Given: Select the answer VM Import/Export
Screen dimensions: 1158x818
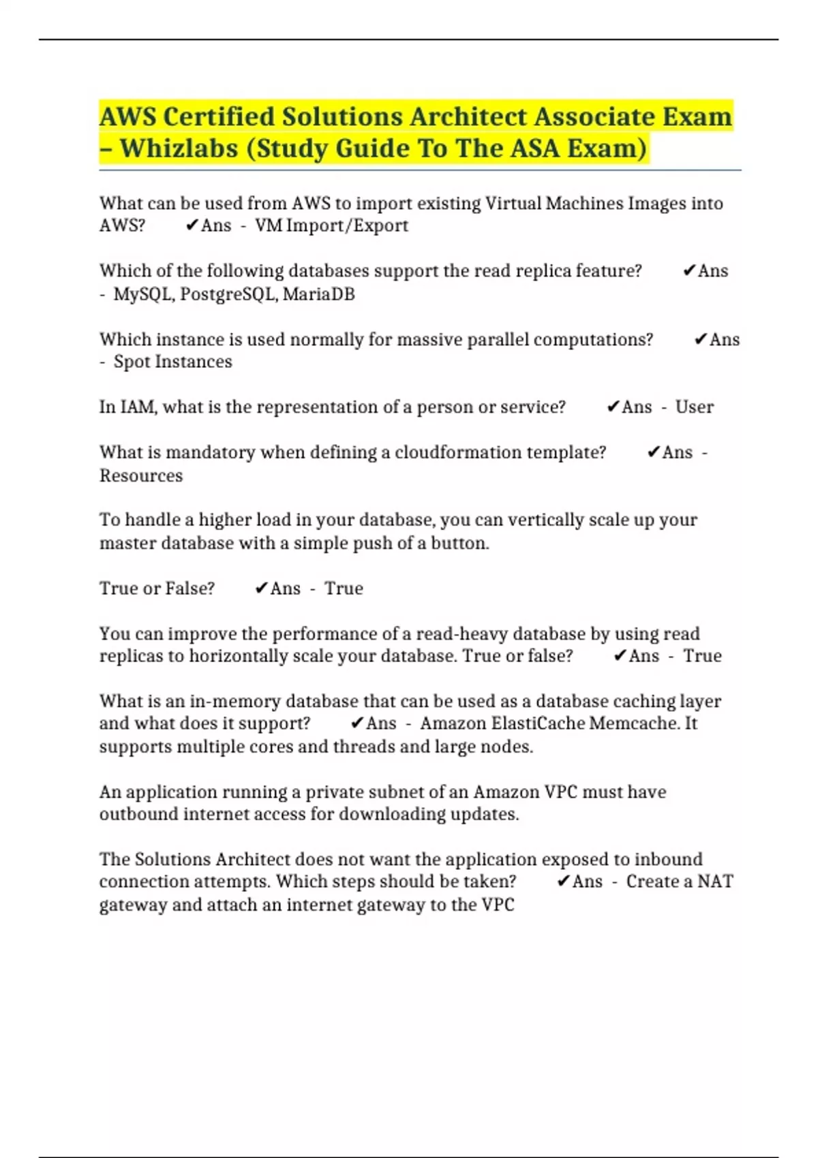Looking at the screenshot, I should [331, 225].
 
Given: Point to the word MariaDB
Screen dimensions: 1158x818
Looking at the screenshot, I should [318, 294].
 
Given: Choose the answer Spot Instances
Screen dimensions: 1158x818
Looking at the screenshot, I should [172, 362].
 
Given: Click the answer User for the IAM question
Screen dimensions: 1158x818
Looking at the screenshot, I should [694, 407].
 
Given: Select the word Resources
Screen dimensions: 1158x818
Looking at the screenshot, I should [141, 475].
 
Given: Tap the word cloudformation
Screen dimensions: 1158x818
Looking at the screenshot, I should [456, 452].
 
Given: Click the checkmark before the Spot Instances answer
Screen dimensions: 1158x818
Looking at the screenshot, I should [700, 339].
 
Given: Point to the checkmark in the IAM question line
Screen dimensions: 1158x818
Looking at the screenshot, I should [612, 407].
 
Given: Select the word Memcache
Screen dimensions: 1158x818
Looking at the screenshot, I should [633, 723].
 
